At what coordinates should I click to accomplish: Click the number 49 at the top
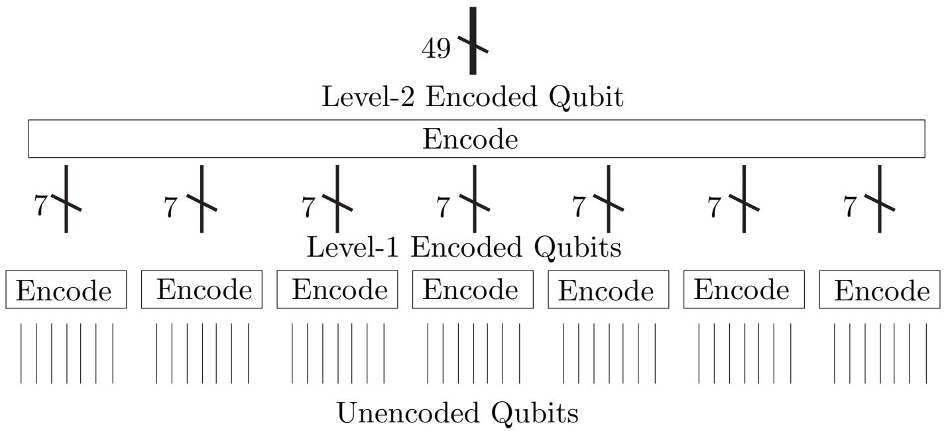click(x=436, y=48)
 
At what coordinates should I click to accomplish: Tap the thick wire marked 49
click(x=473, y=40)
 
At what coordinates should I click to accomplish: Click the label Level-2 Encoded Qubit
click(x=472, y=97)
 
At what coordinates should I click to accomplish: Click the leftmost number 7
click(x=40, y=206)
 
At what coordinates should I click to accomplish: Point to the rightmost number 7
click(x=850, y=206)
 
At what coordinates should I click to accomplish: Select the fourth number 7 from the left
click(x=443, y=207)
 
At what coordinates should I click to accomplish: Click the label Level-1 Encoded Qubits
click(x=464, y=247)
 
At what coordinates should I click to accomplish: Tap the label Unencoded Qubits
click(x=457, y=413)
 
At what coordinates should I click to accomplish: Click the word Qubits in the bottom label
click(x=534, y=413)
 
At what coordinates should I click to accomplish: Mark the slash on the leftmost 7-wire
click(x=66, y=202)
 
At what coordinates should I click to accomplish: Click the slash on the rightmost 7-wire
click(x=880, y=202)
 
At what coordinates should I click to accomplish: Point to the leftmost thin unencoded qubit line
click(x=21, y=353)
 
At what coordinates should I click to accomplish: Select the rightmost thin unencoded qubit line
click(x=926, y=353)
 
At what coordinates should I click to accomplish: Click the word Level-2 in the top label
click(x=368, y=97)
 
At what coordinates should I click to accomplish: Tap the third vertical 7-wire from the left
click(x=337, y=199)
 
